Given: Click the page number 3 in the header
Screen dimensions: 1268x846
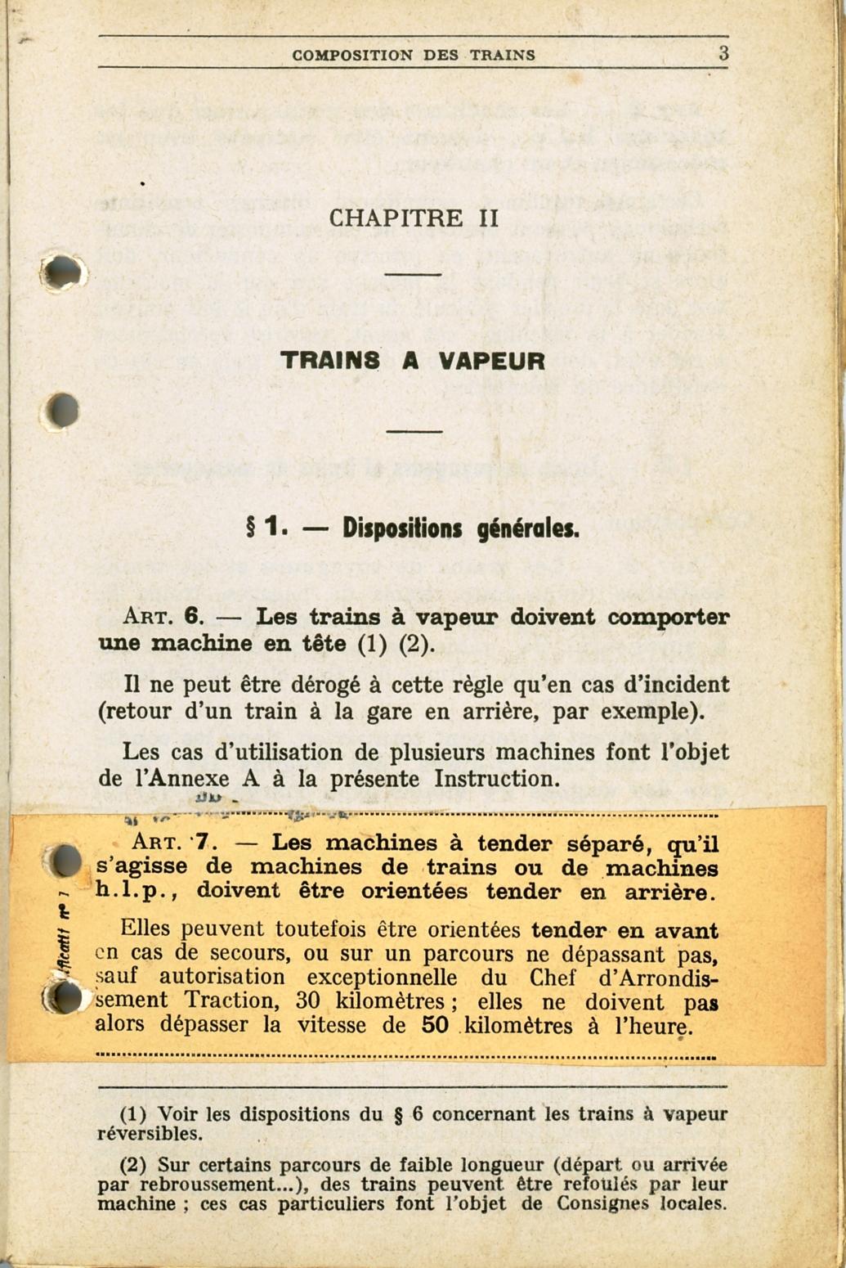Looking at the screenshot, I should (x=723, y=54).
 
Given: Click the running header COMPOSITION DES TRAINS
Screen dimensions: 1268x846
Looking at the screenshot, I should (x=414, y=56).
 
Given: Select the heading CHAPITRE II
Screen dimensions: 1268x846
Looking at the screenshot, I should (x=414, y=218).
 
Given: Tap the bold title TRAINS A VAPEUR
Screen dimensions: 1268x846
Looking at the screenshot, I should (x=413, y=361).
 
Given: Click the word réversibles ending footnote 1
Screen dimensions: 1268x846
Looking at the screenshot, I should (x=149, y=1135).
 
